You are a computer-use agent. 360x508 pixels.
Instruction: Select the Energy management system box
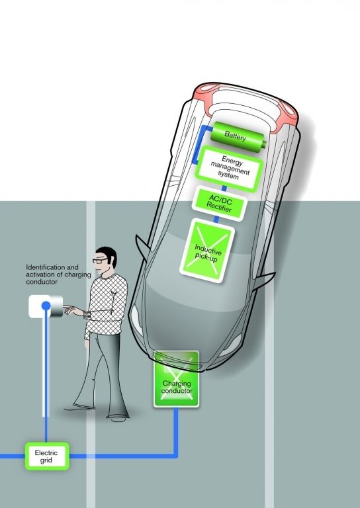[x=230, y=168]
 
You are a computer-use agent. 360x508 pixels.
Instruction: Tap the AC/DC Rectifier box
[x=220, y=205]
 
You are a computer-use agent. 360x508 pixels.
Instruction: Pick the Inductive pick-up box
[x=207, y=251]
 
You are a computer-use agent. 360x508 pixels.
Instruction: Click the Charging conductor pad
[x=176, y=379]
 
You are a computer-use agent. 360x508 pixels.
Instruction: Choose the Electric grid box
[x=47, y=456]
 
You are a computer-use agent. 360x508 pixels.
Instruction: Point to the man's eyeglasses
[x=100, y=260]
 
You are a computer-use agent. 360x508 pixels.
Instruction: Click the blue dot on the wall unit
[x=46, y=306]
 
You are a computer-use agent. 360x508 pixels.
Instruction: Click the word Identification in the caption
[x=42, y=267]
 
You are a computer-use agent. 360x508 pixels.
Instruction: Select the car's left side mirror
[x=142, y=245]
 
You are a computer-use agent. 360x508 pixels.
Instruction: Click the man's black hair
[x=108, y=255]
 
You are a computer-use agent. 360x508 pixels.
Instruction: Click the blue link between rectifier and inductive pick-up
[x=216, y=220]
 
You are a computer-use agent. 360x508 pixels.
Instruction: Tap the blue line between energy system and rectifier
[x=224, y=189]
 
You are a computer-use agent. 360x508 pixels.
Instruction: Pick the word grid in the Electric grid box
[x=46, y=460]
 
